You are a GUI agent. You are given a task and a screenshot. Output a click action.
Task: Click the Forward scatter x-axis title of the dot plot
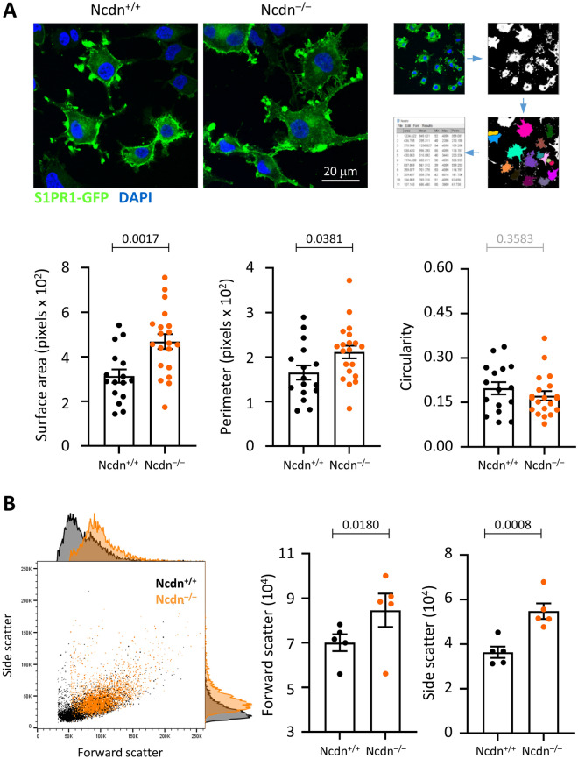[x=117, y=750]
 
